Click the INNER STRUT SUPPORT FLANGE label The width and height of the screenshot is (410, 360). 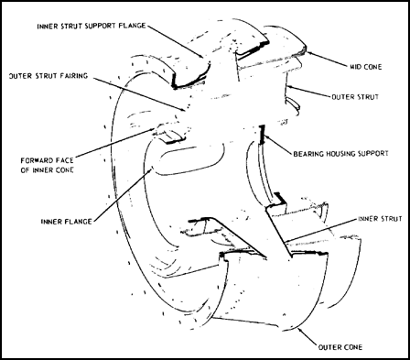coord(92,26)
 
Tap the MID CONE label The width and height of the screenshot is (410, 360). coord(366,67)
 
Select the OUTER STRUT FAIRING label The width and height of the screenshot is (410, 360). coord(49,76)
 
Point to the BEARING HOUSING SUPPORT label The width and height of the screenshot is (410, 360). coord(340,153)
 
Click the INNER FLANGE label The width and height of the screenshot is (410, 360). coord(67,222)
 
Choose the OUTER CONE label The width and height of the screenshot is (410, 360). coord(340,347)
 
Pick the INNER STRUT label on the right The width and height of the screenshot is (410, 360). coord(380,219)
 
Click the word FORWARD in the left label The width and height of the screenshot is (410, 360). coord(36,160)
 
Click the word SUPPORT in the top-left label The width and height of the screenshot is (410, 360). coord(100,26)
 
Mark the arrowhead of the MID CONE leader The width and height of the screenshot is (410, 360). coord(307,52)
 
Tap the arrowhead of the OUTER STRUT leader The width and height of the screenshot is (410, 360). coord(288,87)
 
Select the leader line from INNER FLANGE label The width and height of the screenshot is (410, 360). coord(122,194)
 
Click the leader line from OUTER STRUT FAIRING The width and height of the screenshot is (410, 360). coord(139,93)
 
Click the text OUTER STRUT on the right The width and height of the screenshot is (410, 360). coord(355,97)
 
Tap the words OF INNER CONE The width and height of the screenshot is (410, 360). coord(47,170)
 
